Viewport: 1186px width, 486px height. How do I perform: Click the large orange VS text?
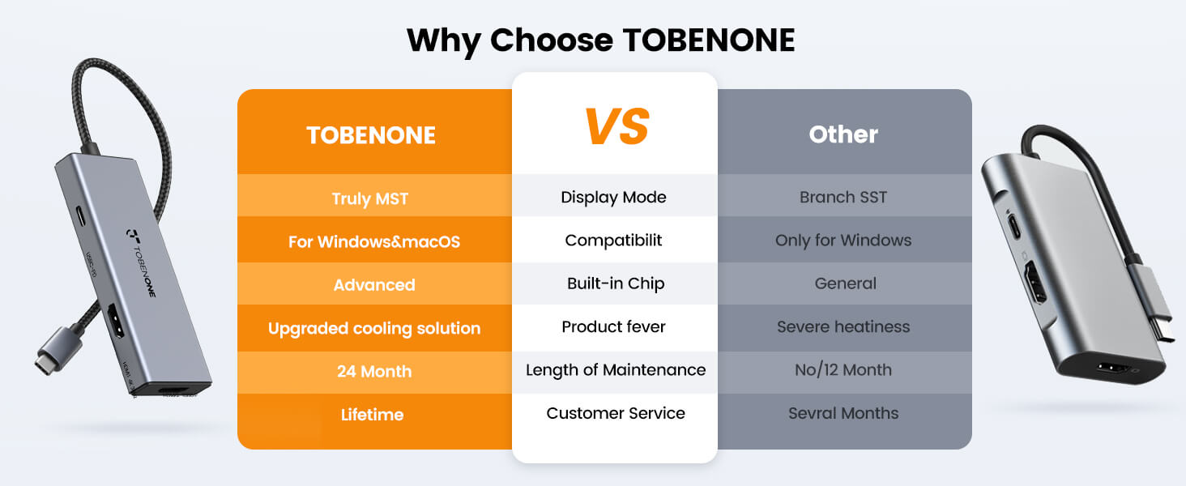[x=616, y=126]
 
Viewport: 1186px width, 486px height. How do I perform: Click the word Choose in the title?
[x=552, y=40]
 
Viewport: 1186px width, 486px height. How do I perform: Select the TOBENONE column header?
[x=371, y=135]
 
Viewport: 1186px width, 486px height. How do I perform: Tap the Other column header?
[x=843, y=134]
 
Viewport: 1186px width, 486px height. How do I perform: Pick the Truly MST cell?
[x=370, y=198]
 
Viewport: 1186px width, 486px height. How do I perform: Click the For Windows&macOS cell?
[x=374, y=241]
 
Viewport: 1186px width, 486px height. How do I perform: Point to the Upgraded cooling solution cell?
[x=374, y=328]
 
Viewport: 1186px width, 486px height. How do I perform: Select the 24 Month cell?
[x=374, y=371]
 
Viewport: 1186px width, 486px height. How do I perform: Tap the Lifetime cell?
[x=372, y=414]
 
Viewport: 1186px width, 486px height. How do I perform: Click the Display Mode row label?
[x=613, y=197]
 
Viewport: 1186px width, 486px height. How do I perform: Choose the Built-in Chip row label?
[x=616, y=283]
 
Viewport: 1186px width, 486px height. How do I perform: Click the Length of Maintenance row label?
[x=616, y=369]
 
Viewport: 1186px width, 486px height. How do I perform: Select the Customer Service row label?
[x=616, y=413]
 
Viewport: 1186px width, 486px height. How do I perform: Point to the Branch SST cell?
[x=843, y=197]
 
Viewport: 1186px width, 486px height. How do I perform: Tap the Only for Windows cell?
[x=843, y=241]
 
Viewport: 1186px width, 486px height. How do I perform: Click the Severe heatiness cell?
[x=843, y=326]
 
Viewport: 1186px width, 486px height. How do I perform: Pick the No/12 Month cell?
[x=843, y=369]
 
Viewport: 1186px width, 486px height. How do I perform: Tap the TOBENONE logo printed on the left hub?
[x=142, y=262]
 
